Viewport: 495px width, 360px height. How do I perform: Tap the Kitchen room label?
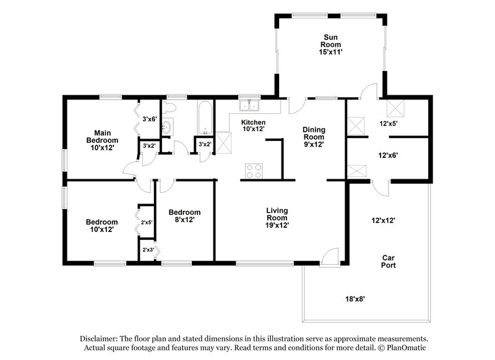(253, 126)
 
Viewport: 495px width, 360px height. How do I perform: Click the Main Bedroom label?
(101, 140)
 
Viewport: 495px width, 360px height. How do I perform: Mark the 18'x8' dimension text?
(355, 299)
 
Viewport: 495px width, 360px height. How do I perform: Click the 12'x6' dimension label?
(388, 156)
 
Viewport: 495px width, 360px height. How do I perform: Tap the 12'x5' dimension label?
(388, 124)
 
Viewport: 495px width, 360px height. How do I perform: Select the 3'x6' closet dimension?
(150, 119)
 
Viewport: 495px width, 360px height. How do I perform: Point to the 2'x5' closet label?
(147, 222)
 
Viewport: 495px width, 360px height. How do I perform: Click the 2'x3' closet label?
(148, 250)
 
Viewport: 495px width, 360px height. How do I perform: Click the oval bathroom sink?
(166, 128)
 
